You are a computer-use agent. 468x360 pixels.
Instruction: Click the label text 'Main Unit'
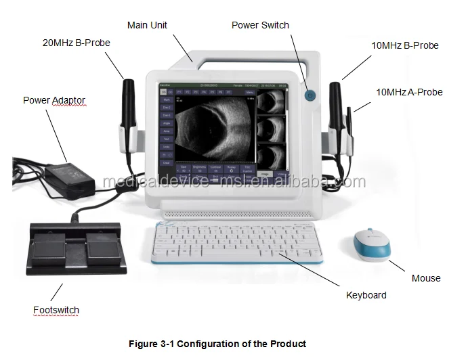pyautogui.click(x=147, y=26)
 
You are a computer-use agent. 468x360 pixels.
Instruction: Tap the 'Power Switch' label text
pyautogui.click(x=260, y=26)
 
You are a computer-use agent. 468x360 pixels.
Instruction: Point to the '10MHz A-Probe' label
pyautogui.click(x=410, y=91)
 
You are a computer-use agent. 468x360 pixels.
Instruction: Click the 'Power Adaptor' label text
pyautogui.click(x=54, y=100)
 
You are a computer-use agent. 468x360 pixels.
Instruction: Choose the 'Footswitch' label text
pyautogui.click(x=56, y=310)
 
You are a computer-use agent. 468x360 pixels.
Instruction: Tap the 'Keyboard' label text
pyautogui.click(x=366, y=295)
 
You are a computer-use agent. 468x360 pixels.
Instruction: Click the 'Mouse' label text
pyautogui.click(x=426, y=278)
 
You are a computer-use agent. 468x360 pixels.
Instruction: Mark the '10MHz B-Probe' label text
pyautogui.click(x=405, y=46)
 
